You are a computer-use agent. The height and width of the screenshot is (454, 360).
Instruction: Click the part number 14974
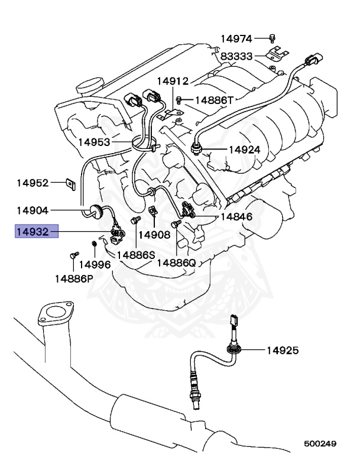tap(236, 39)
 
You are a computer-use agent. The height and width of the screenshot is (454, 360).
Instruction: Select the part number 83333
tap(236, 57)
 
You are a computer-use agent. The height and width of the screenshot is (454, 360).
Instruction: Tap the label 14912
tap(173, 81)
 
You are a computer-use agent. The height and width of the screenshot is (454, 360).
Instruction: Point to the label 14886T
tap(215, 100)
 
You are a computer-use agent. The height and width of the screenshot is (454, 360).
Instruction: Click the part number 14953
tap(95, 142)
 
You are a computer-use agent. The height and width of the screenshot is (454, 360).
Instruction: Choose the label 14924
tap(244, 150)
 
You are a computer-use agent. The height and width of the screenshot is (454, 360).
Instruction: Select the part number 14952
tap(32, 183)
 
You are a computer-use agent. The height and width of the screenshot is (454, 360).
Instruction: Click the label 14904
tap(32, 210)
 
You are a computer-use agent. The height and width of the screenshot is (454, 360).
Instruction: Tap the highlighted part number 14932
tap(36, 231)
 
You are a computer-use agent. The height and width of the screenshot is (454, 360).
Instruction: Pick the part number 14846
tap(236, 217)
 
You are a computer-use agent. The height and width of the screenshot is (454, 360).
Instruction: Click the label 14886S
tap(135, 255)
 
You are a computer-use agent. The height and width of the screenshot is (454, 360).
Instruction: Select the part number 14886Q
tap(176, 262)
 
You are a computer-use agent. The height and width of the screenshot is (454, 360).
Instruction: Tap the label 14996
tap(95, 265)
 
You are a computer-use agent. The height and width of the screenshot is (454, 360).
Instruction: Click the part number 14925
tap(282, 351)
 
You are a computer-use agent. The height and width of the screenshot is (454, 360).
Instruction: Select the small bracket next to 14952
tap(69, 184)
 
